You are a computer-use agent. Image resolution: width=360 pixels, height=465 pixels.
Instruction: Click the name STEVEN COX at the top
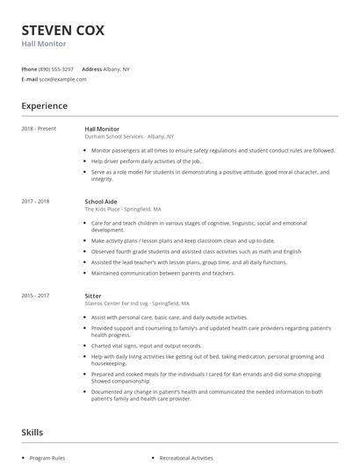coord(62,29)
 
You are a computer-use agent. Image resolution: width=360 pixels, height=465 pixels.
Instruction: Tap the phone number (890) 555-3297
coord(56,68)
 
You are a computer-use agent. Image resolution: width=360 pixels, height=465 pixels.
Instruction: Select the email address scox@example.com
coord(62,79)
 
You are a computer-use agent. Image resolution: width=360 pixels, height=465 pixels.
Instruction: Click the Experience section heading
coord(44,106)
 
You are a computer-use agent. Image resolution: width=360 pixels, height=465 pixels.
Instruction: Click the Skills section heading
coord(32,433)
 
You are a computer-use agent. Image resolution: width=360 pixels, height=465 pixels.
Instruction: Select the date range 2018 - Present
coord(40,129)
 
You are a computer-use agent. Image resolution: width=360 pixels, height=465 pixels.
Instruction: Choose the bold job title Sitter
coord(93,296)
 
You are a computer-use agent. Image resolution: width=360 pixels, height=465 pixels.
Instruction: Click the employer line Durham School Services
coord(129,137)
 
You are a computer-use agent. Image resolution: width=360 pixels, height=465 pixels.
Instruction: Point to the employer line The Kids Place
coord(122,210)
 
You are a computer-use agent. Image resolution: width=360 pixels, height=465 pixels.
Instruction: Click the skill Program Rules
coord(47,459)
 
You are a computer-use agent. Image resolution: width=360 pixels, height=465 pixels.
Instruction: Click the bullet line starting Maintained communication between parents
coord(162,272)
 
